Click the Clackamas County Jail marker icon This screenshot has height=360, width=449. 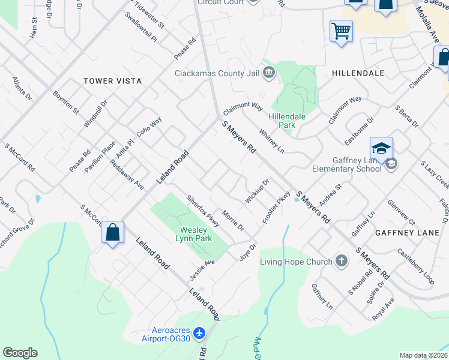pos(268,74)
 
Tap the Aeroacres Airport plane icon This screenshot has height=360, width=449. pos(200,332)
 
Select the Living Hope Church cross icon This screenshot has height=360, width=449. pos(342,261)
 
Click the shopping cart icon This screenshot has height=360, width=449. pos(341,31)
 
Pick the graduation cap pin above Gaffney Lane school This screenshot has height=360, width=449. pos(382,148)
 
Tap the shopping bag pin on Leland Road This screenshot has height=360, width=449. pos(112,232)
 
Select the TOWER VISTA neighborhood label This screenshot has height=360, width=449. pos(112,80)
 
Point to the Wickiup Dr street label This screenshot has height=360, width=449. pos(257,190)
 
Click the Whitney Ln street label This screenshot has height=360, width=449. pos(271,140)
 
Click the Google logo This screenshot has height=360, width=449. pos(20,353)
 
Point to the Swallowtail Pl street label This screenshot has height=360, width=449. pos(140,28)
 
